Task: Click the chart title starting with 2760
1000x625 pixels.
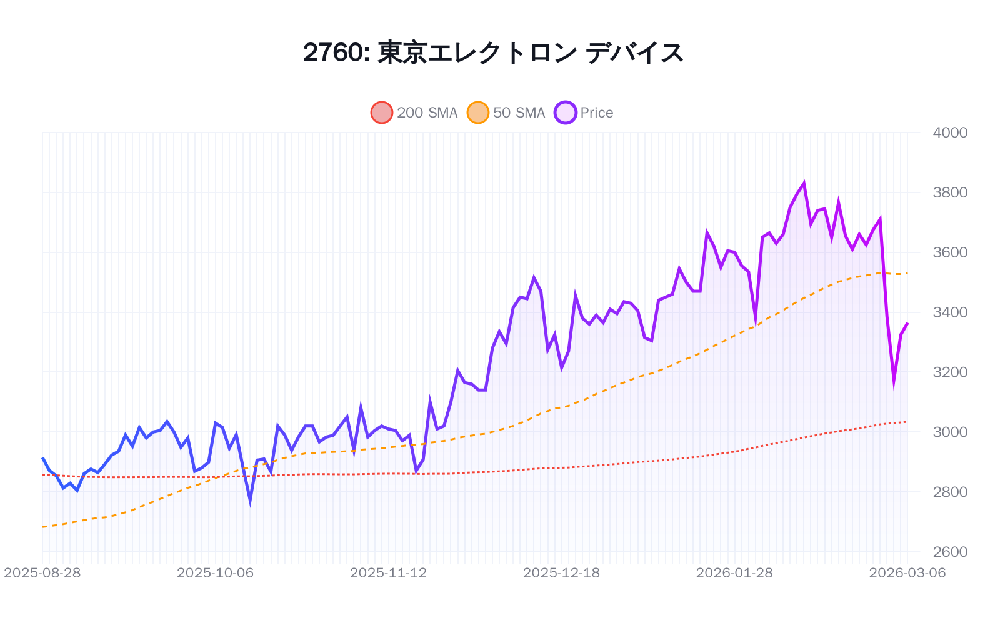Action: [493, 52]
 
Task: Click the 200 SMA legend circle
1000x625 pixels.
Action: [382, 112]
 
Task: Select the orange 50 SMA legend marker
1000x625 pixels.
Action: [478, 112]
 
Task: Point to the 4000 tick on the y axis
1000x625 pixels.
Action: [949, 132]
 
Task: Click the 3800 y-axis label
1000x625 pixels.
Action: [949, 192]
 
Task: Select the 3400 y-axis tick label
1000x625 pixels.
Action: [949, 312]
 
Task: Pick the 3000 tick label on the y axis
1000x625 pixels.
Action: [949, 432]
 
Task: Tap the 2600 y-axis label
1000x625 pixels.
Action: [949, 552]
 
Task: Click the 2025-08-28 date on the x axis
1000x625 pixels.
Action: [42, 573]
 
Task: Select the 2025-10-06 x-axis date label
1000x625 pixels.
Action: [216, 573]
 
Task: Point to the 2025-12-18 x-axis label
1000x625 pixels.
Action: [561, 573]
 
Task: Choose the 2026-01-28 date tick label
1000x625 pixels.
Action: [734, 573]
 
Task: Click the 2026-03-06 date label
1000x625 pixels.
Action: [907, 573]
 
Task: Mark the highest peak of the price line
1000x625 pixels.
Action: [804, 184]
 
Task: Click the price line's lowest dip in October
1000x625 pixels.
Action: [250, 501]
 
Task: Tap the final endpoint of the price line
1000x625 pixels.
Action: [907, 323]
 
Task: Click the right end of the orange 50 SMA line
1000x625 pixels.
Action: [907, 273]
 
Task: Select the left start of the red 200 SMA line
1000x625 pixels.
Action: [42, 475]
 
